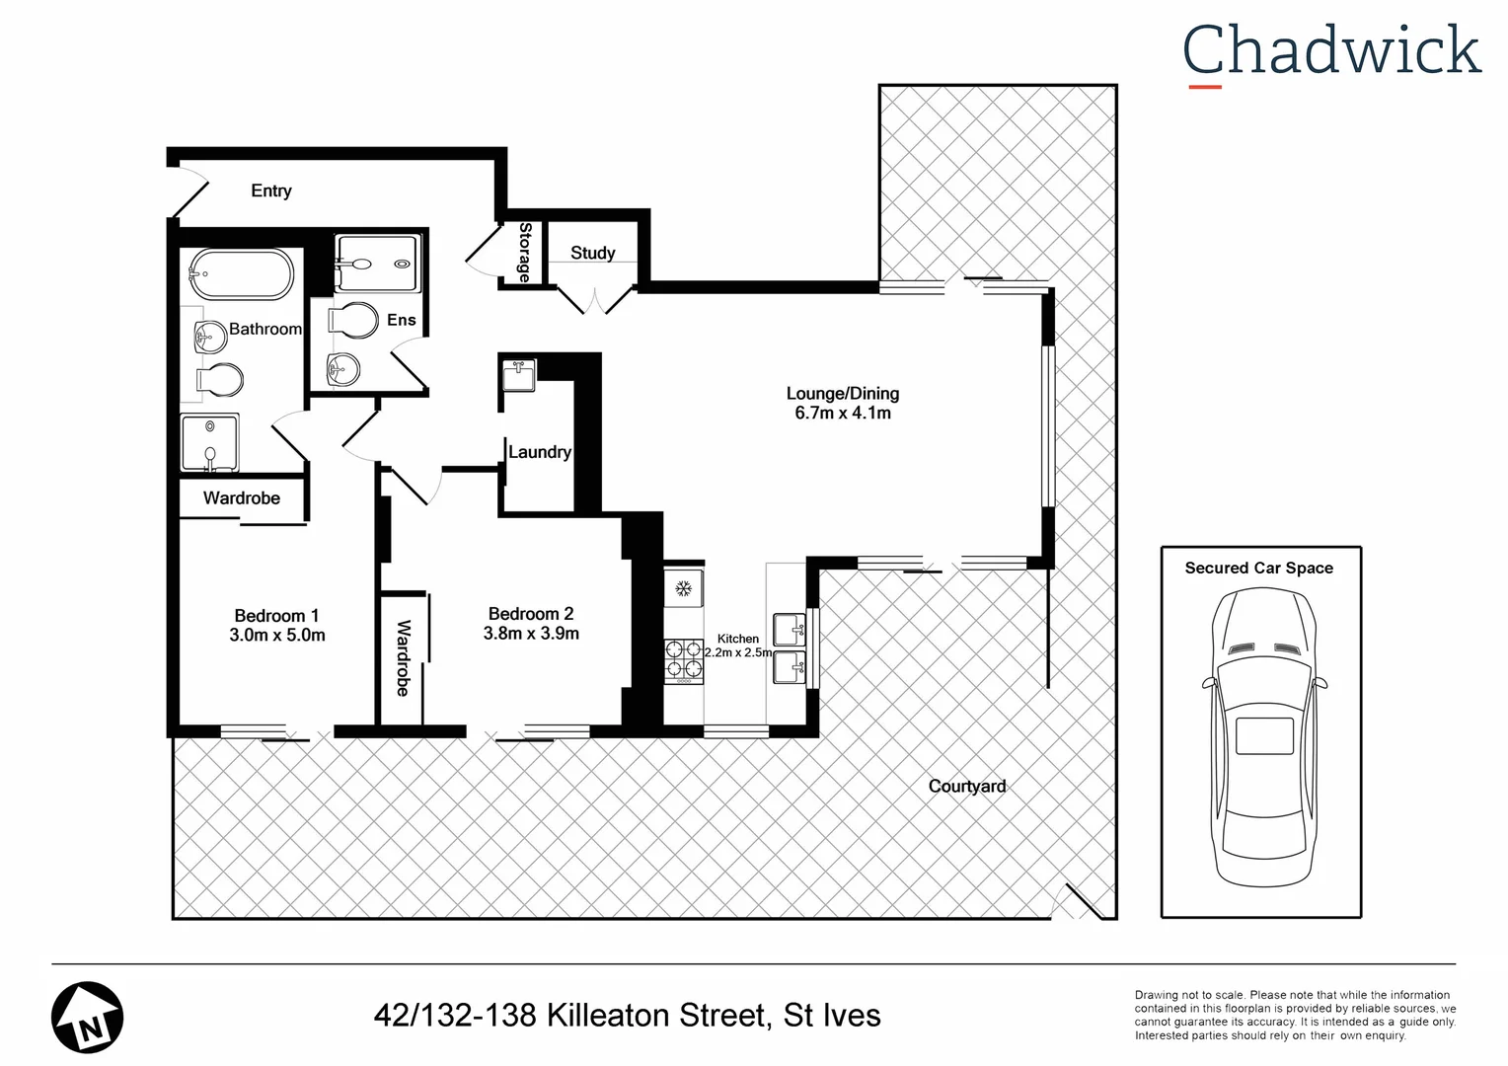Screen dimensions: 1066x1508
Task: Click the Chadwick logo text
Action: pyautogui.click(x=1331, y=51)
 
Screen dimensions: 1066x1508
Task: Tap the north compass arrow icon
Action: pyautogui.click(x=87, y=1017)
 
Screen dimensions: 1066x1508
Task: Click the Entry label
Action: pyautogui.click(x=270, y=190)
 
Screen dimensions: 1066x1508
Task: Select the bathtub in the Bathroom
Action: pyautogui.click(x=241, y=273)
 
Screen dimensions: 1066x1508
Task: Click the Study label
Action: pyautogui.click(x=592, y=253)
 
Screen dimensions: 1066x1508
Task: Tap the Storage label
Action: pyautogui.click(x=525, y=253)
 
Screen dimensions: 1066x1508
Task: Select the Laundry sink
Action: pyautogui.click(x=518, y=375)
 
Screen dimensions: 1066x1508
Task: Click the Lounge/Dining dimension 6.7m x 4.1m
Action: pyautogui.click(x=843, y=414)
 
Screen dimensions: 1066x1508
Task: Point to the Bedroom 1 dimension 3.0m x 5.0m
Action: pyautogui.click(x=276, y=636)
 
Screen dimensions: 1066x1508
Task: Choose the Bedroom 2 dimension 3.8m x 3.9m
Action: pyautogui.click(x=531, y=634)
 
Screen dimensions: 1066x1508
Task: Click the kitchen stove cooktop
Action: pyautogui.click(x=683, y=660)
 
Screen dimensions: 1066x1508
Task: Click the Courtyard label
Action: pyautogui.click(x=966, y=786)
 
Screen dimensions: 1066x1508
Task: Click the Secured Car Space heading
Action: pyautogui.click(x=1258, y=568)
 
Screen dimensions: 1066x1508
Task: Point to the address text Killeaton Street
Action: pyautogui.click(x=655, y=1015)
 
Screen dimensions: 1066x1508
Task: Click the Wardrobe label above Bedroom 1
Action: pyautogui.click(x=241, y=497)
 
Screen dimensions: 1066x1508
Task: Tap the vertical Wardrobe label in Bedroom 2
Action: pyautogui.click(x=403, y=657)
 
